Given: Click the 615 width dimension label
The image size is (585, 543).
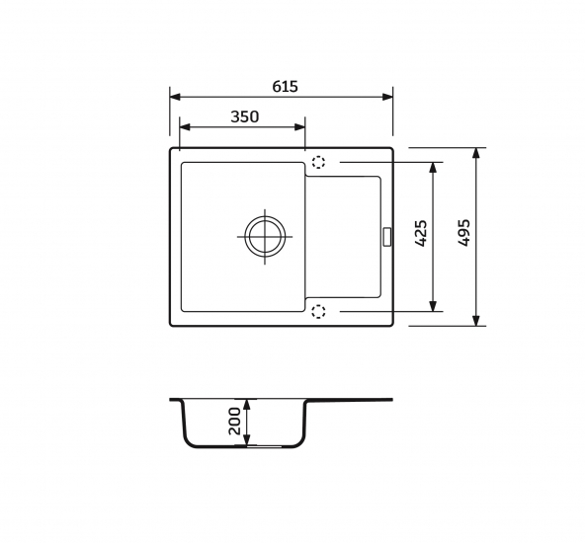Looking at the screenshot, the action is [285, 87].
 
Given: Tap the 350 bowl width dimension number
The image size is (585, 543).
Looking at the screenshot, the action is [245, 116].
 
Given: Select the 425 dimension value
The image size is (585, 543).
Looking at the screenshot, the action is [421, 233].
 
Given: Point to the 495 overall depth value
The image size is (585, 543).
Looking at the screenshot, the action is [464, 233].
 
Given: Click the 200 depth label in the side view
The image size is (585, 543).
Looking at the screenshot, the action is [234, 422].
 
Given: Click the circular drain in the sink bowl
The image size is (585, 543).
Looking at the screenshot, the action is [265, 237].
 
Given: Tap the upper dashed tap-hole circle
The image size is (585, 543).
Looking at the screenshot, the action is [318, 162].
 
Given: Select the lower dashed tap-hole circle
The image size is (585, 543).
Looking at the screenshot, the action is [318, 312].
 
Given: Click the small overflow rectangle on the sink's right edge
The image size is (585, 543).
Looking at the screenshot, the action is [387, 237].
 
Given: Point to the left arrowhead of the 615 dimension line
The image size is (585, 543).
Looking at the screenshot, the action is [175, 97].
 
